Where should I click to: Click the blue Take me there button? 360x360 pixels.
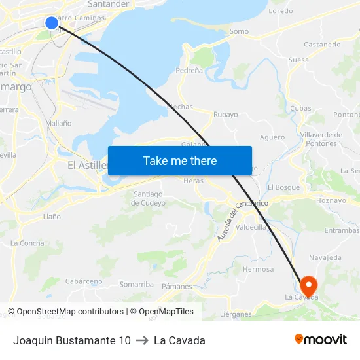point(180,160)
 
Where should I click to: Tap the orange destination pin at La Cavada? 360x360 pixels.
point(308,285)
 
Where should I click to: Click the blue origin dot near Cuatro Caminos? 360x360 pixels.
point(52,23)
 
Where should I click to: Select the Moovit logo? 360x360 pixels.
point(320,340)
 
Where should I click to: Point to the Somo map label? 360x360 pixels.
point(239,31)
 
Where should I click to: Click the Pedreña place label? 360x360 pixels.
point(189,70)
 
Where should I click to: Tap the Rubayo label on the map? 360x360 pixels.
point(225,115)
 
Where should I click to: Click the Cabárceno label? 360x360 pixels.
point(84,281)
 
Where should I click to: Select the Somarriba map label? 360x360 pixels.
point(136,284)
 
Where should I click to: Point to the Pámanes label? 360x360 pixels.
point(177,287)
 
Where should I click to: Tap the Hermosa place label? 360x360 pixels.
point(258,269)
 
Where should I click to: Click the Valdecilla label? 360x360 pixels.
point(251,227)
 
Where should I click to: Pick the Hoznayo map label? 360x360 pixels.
point(330,200)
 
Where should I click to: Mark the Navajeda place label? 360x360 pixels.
point(325,258)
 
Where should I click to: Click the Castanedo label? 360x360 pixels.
point(322,45)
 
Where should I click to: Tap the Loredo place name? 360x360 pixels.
point(281,11)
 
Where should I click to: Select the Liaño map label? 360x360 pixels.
point(52,216)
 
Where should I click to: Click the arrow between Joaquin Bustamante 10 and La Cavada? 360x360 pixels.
point(142,340)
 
